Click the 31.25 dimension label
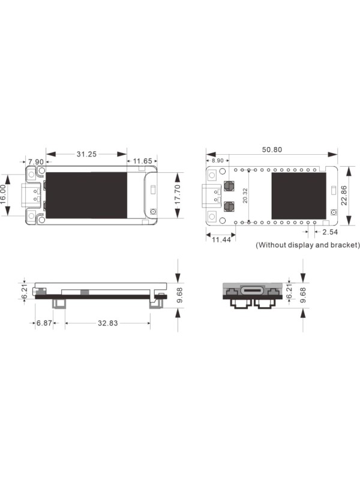(86, 154)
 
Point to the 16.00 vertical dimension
(5, 196)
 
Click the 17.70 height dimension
(178, 195)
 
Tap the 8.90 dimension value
(215, 161)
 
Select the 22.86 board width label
(343, 195)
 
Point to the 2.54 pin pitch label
(330, 232)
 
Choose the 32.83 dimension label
(108, 323)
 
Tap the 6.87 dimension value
(44, 323)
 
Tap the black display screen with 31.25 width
(86, 195)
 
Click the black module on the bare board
(298, 196)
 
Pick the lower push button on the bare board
(229, 207)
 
